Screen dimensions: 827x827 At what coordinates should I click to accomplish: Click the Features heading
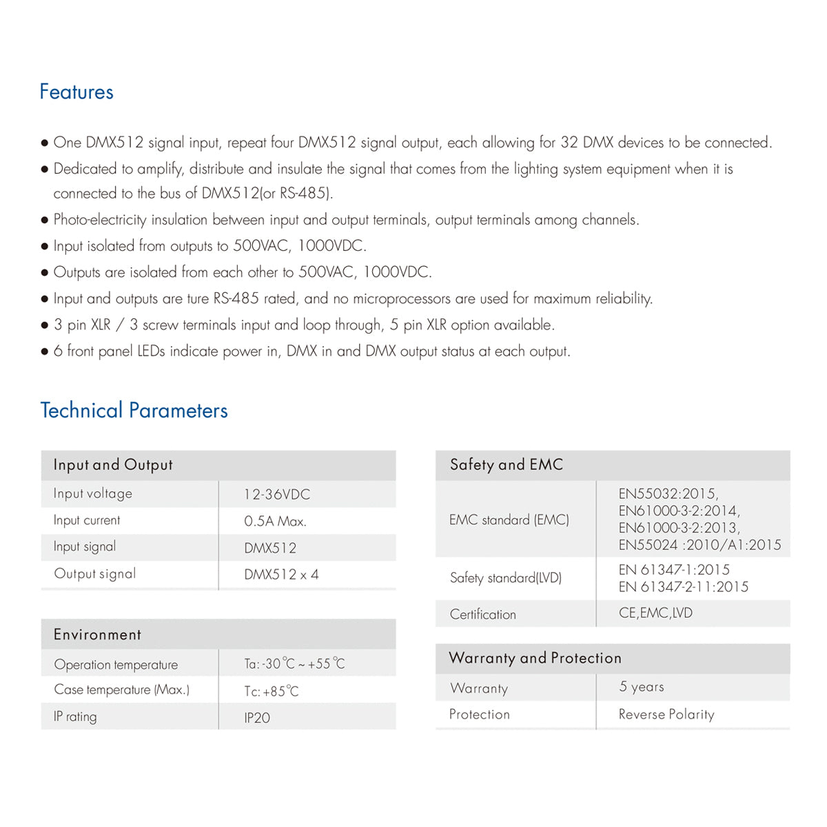[x=76, y=92]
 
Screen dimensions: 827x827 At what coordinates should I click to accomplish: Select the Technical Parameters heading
[x=134, y=410]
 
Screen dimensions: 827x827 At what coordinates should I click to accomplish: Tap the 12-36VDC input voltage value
[x=277, y=494]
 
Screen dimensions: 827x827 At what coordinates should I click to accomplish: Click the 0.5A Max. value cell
[x=275, y=521]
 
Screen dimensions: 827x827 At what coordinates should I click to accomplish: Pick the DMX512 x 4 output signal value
[x=281, y=574]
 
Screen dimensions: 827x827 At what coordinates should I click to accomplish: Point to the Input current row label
[x=87, y=520]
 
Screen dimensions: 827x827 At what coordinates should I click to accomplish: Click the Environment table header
[x=97, y=634]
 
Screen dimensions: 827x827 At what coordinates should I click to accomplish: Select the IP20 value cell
[x=257, y=717]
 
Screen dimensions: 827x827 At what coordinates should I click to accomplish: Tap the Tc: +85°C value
[x=272, y=691]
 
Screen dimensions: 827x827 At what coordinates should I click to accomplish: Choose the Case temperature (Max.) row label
[x=121, y=690]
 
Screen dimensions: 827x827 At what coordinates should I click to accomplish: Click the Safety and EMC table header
[x=507, y=464]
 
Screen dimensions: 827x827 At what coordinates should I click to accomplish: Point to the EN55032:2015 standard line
[x=668, y=493]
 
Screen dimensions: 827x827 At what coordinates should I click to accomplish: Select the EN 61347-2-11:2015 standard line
[x=684, y=586]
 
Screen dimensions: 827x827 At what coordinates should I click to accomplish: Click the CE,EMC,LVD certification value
[x=655, y=613]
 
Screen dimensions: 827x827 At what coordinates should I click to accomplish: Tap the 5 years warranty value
[x=642, y=686]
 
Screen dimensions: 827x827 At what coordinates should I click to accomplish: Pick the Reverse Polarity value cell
[x=666, y=714]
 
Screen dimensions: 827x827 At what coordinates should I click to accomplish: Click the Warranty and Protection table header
[x=535, y=658]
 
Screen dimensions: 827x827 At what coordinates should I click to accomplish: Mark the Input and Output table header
[x=113, y=464]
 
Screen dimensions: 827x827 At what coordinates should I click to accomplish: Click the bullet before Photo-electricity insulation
[x=45, y=221]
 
